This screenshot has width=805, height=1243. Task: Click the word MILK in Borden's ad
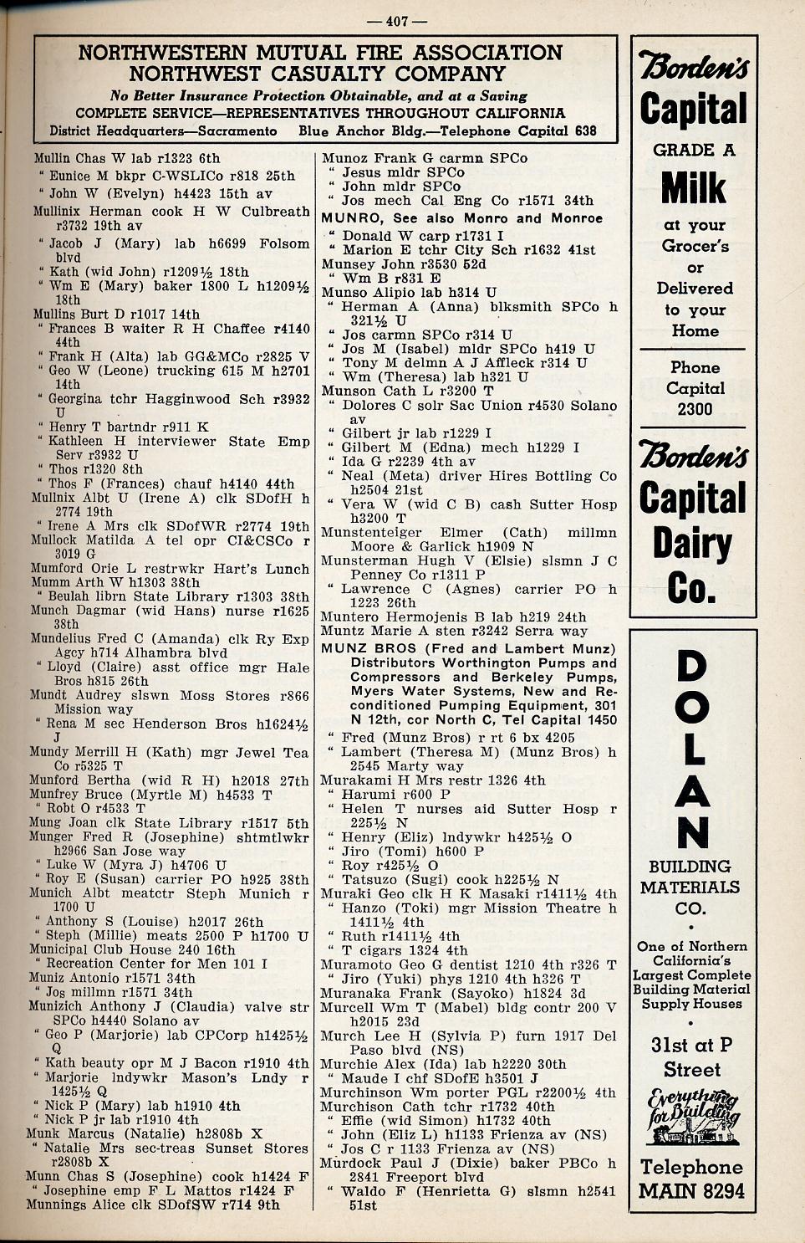[693, 187]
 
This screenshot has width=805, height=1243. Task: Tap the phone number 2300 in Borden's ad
[695, 409]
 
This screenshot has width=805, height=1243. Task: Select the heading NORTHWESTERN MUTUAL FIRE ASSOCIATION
[320, 53]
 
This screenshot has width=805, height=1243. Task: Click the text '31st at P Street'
[692, 1056]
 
